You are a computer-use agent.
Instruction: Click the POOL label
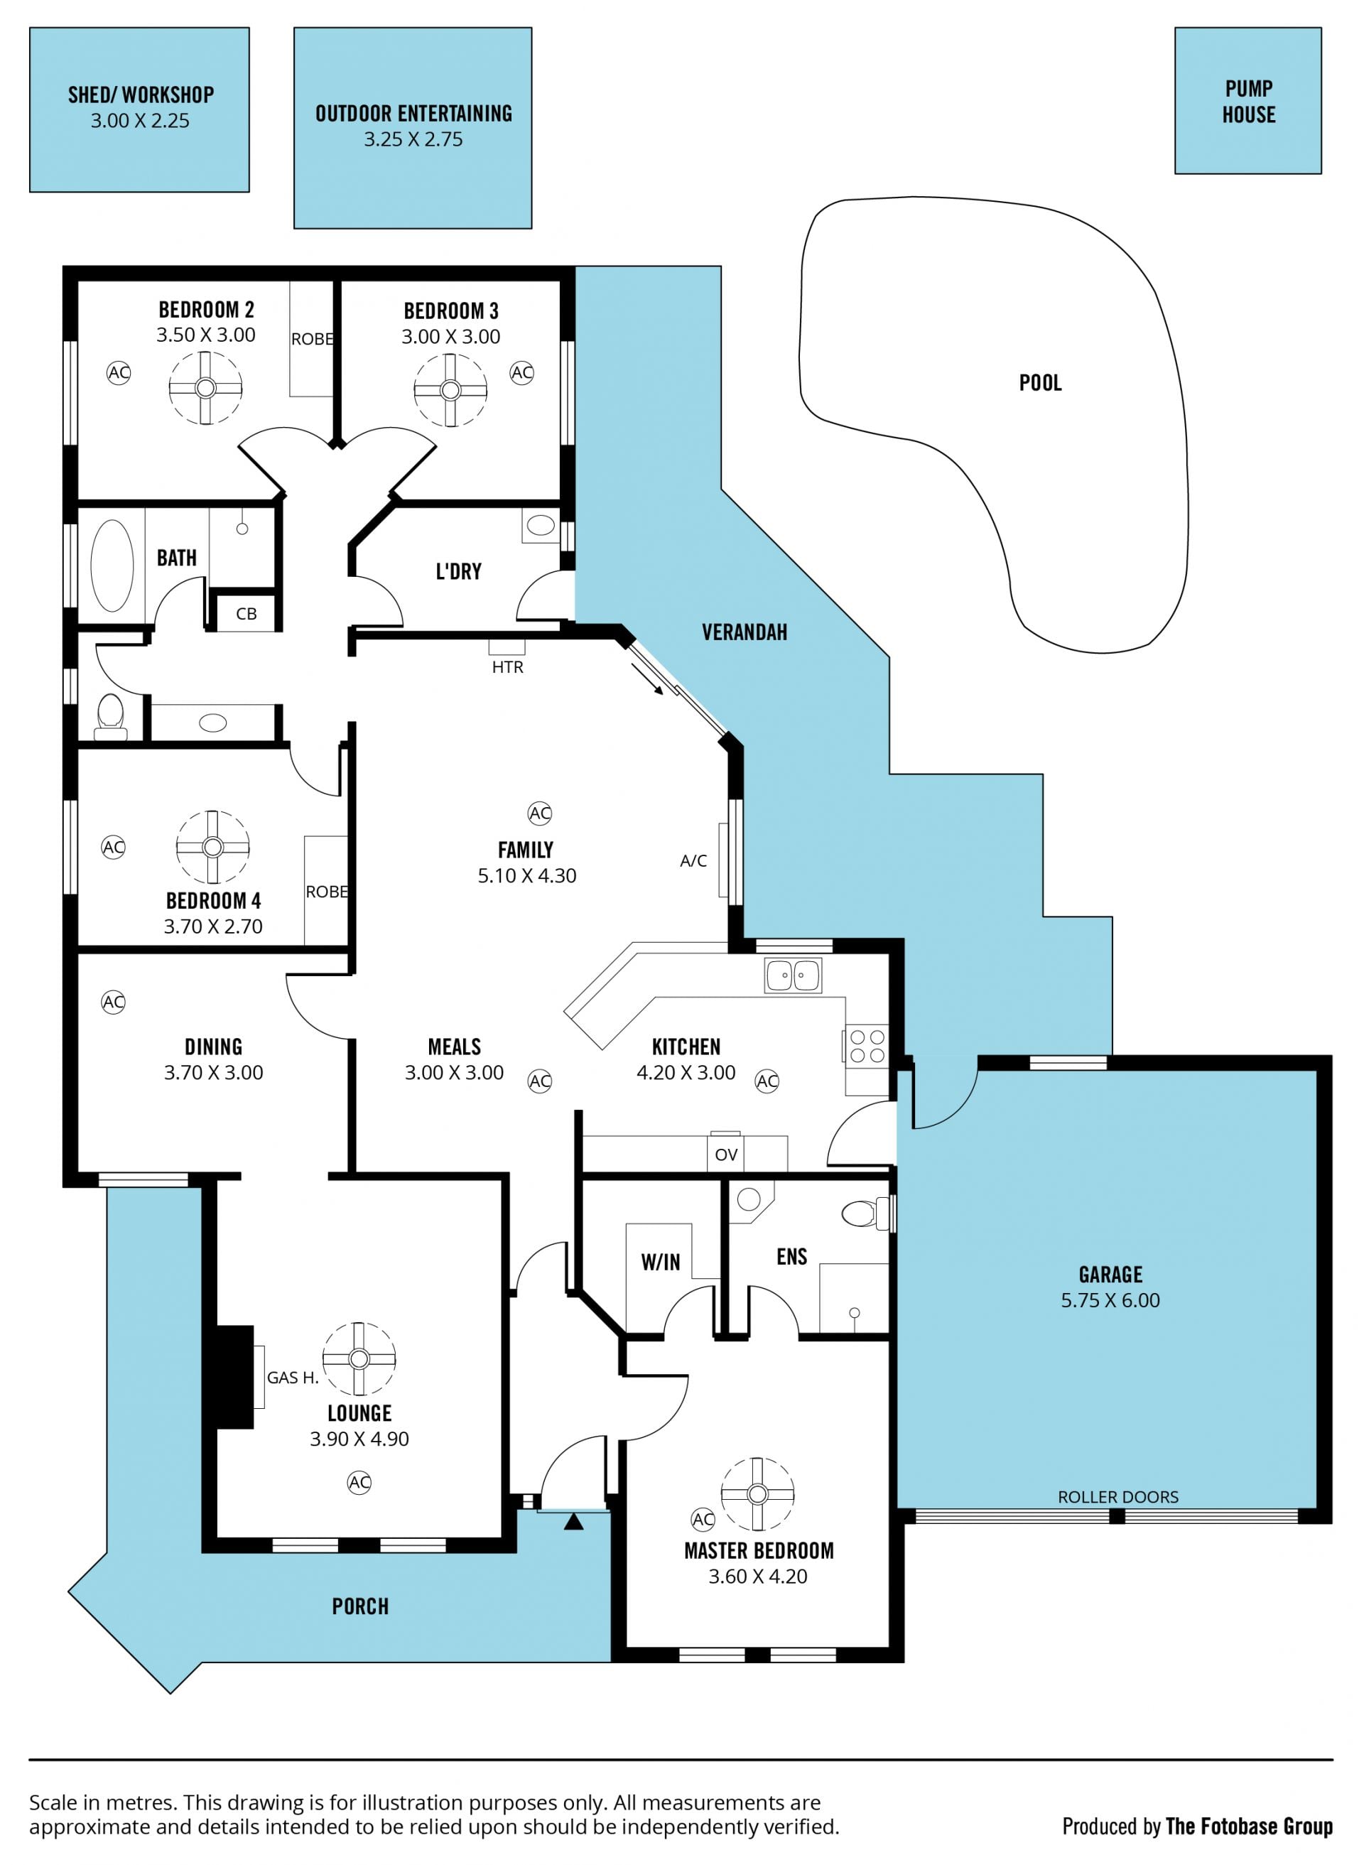coord(1039,383)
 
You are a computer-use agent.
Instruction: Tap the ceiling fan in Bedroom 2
coord(205,388)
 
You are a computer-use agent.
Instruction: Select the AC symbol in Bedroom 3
coord(522,372)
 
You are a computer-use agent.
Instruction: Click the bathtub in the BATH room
coord(112,566)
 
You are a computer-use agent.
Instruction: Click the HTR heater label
coord(508,667)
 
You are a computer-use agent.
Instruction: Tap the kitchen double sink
coord(793,975)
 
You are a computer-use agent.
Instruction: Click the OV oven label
coord(726,1155)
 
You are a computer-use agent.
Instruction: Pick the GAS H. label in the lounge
coord(292,1377)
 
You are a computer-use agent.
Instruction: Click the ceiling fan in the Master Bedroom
coord(757,1493)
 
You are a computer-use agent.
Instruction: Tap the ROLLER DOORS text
coord(1118,1497)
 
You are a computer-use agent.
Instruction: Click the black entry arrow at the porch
coord(574,1520)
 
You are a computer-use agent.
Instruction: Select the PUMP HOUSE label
coord(1248,102)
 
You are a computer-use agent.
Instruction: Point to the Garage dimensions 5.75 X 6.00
coord(1110,1300)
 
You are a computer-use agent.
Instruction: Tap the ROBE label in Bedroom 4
coord(327,892)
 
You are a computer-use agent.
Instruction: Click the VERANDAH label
coord(744,632)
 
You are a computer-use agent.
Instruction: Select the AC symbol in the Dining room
coord(113,1002)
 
